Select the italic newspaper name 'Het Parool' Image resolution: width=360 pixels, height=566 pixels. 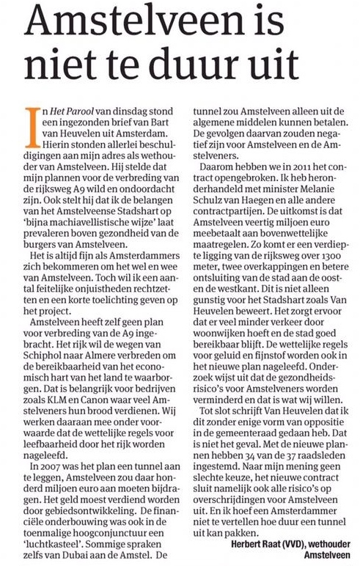pos(62,112)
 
